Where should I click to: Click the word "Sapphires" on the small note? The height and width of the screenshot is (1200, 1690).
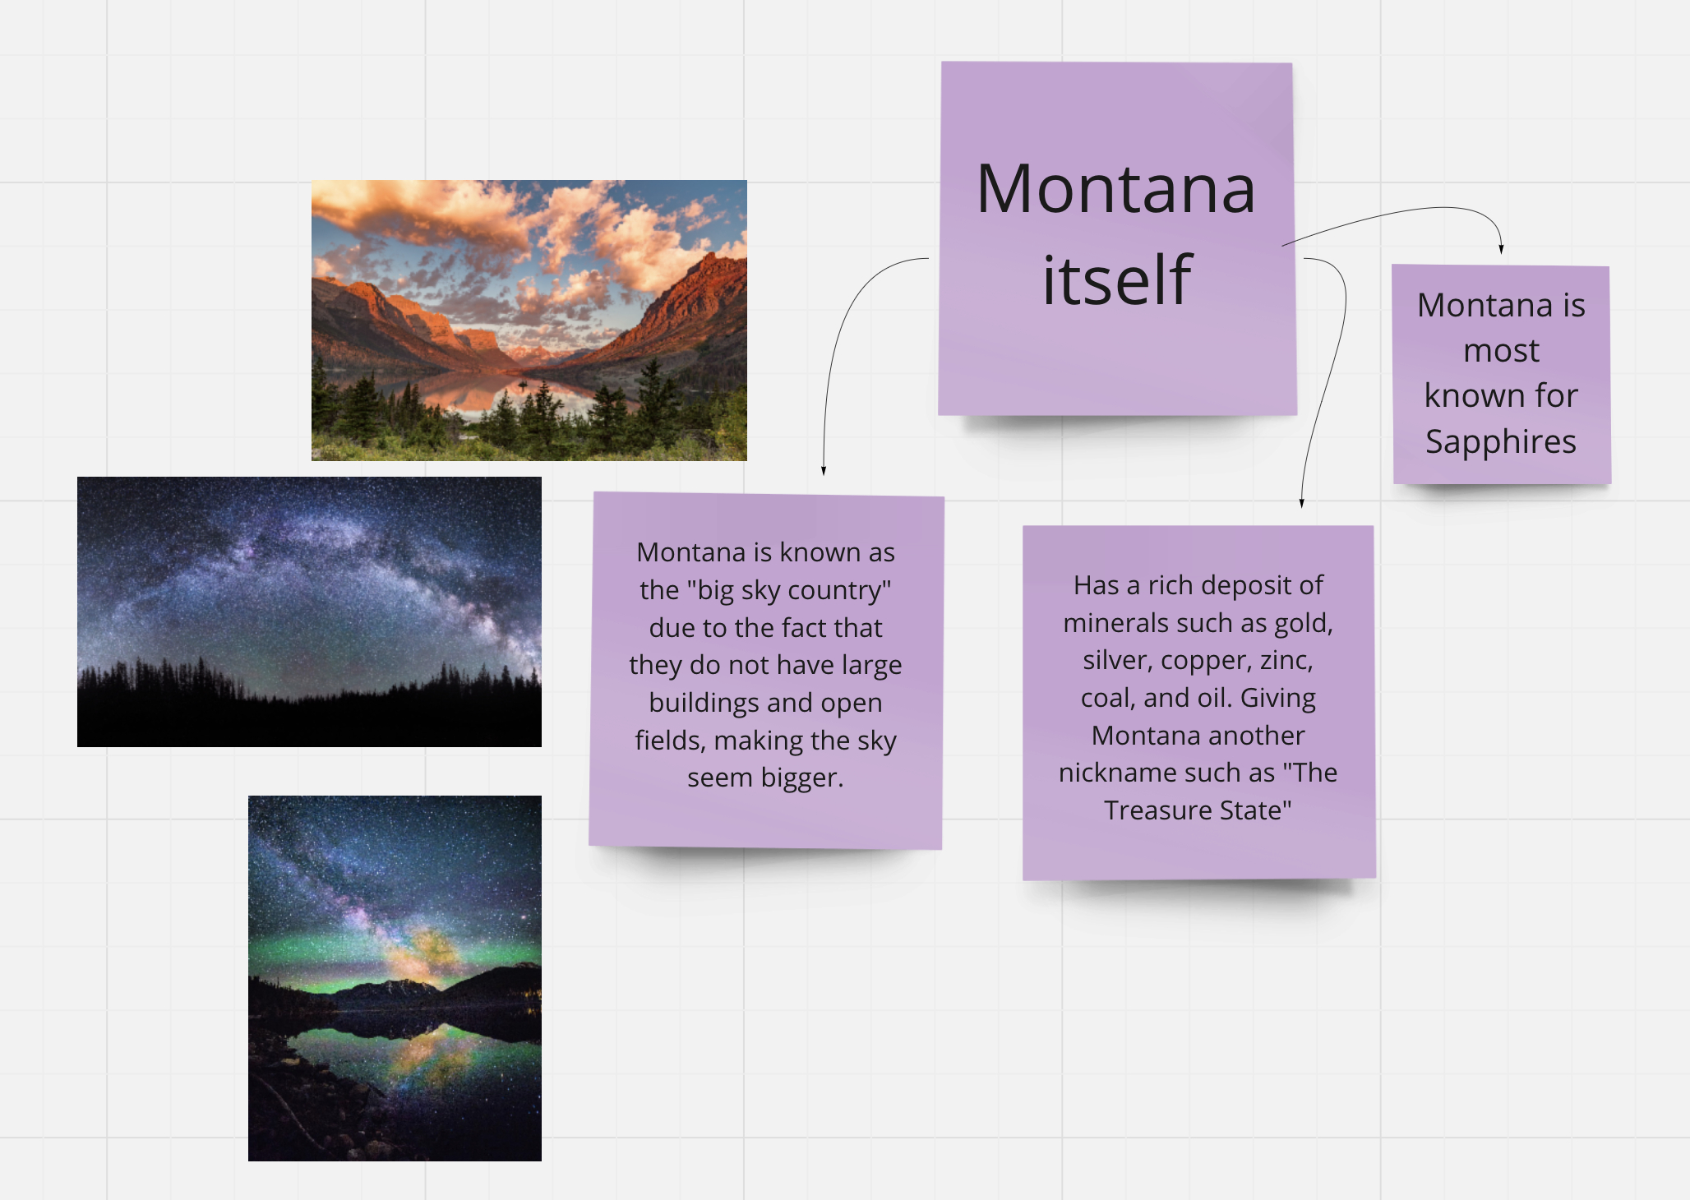1501,442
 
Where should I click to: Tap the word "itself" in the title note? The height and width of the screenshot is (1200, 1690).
1116,279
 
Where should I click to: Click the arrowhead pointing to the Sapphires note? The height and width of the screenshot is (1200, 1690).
1501,249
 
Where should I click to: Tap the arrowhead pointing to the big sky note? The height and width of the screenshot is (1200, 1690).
823,470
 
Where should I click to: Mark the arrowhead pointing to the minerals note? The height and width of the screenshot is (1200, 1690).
1301,503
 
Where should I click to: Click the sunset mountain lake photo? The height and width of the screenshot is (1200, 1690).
529,321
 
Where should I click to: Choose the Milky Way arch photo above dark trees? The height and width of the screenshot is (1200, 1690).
309,612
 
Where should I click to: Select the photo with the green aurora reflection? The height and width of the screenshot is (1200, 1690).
395,978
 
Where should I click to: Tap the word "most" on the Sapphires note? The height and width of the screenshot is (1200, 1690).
1501,352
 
